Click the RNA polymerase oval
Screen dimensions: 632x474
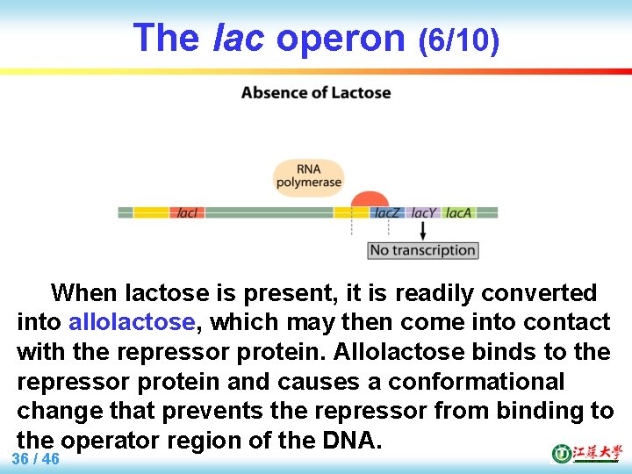pyautogui.click(x=307, y=176)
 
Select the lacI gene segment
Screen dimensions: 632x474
pyautogui.click(x=187, y=212)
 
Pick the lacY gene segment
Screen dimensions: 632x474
pyautogui.click(x=423, y=212)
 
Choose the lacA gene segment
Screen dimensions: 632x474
pyautogui.click(x=458, y=212)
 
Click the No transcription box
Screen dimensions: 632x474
pyautogui.click(x=422, y=250)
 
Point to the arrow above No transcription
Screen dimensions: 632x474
pyautogui.click(x=423, y=231)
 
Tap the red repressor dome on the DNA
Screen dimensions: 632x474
pyautogui.click(x=370, y=200)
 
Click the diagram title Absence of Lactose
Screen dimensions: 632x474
pyautogui.click(x=316, y=93)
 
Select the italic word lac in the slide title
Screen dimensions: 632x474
pyautogui.click(x=239, y=38)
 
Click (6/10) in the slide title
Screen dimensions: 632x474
pyautogui.click(x=458, y=39)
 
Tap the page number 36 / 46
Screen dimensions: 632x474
pyautogui.click(x=36, y=459)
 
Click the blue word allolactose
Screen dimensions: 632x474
pyautogui.click(x=132, y=322)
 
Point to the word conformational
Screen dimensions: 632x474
pyautogui.click(x=477, y=382)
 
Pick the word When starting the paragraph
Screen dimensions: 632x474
pyautogui.click(x=85, y=292)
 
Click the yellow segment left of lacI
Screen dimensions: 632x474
pyautogui.click(x=151, y=212)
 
